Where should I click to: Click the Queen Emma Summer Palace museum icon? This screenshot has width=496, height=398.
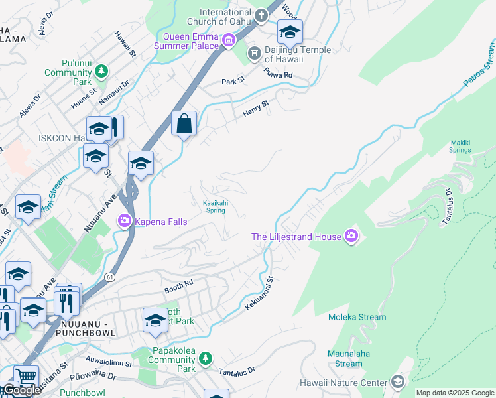(x=229, y=41)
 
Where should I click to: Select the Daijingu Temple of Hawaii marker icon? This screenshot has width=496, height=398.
(x=253, y=52)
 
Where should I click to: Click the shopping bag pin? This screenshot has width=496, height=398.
(x=184, y=123)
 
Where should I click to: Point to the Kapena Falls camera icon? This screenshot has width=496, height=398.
(x=125, y=220)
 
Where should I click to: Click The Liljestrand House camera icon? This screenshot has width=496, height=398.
(x=351, y=235)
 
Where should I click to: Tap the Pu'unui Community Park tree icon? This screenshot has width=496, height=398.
(x=101, y=70)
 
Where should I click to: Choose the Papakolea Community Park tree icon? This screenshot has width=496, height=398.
(x=206, y=358)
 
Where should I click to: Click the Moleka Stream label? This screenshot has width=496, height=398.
(x=357, y=317)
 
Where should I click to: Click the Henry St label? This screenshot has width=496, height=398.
(x=255, y=108)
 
